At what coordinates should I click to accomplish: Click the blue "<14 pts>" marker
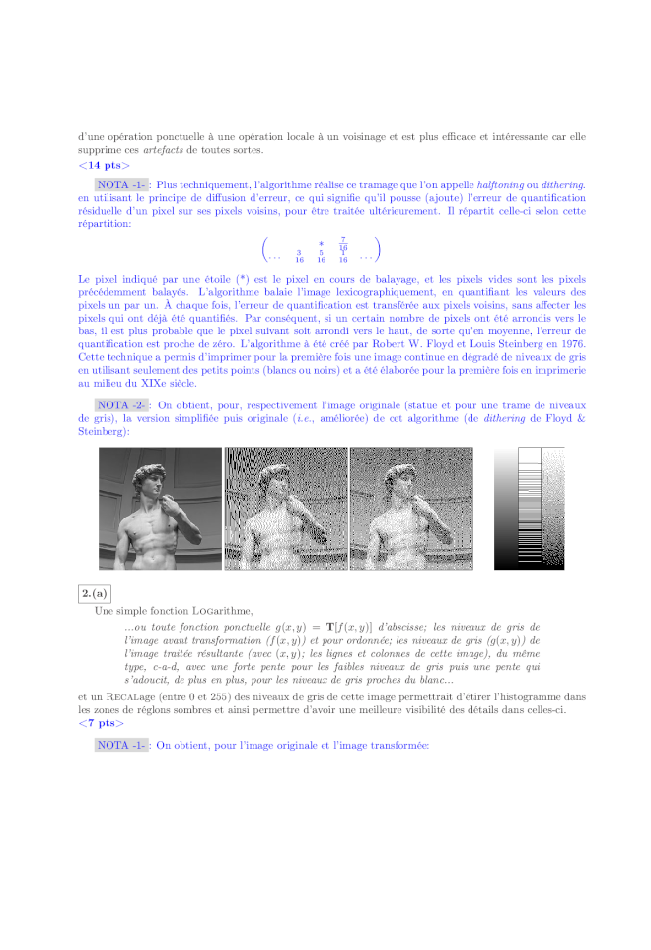104,166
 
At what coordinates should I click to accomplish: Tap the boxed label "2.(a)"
95,593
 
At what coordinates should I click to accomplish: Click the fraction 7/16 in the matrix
342,244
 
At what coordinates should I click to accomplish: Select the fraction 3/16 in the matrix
299,257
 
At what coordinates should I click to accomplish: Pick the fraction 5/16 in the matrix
321,257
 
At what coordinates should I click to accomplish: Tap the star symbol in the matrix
321,243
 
